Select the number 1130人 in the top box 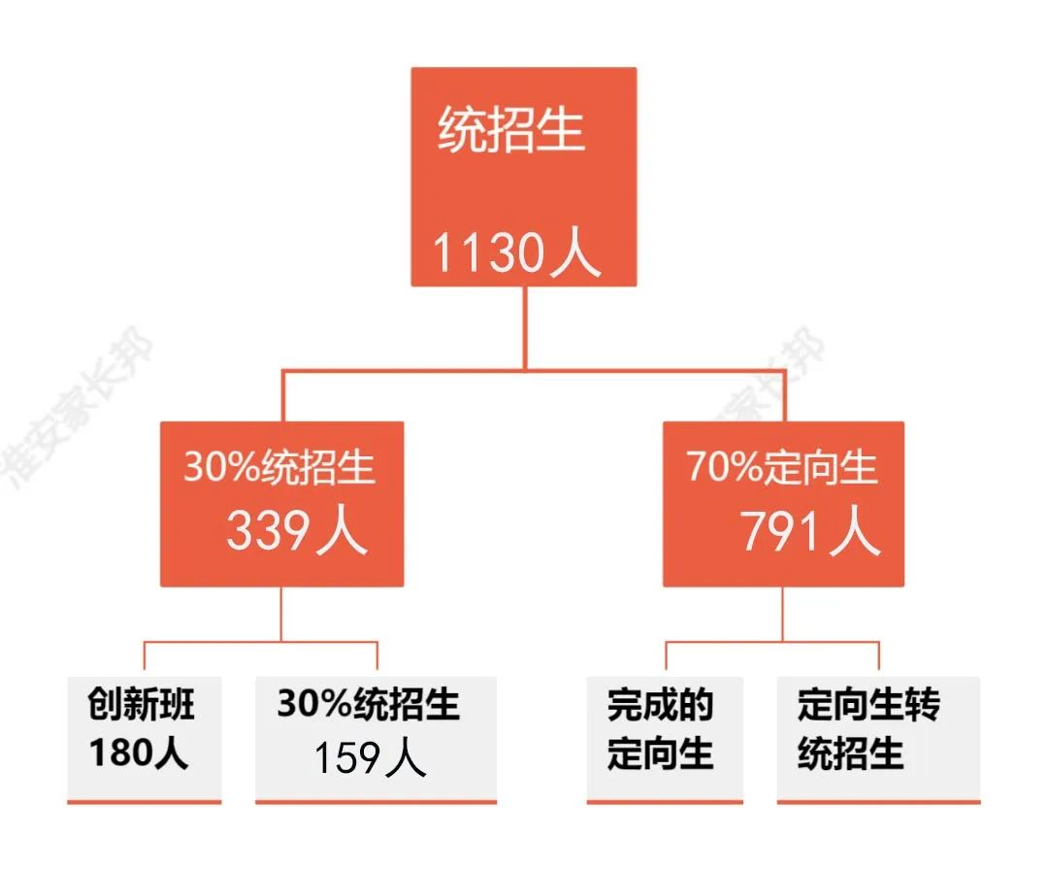point(515,254)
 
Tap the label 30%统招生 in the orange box point(279,468)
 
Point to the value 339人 point(297,531)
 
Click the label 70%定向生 point(782,468)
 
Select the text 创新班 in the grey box point(142,704)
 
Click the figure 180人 point(139,754)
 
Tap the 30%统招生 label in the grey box point(369,704)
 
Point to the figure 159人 point(370,757)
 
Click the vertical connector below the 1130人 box point(525,327)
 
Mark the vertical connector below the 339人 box point(281,614)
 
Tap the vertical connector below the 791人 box point(782,614)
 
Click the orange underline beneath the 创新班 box point(145,802)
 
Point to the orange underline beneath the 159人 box point(376,802)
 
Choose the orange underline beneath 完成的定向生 point(665,802)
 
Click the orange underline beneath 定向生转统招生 point(878,802)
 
